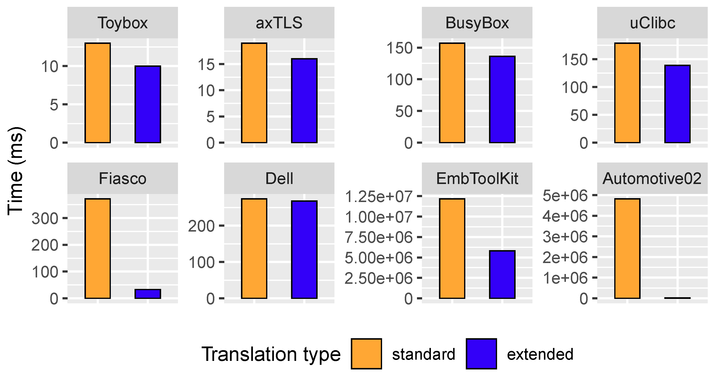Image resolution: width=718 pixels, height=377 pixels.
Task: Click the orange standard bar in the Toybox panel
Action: (98, 93)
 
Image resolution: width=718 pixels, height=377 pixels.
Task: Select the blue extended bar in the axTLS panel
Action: (304, 101)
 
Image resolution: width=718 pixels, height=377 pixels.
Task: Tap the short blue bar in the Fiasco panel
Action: (148, 294)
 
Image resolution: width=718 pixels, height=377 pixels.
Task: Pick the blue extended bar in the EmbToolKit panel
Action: (502, 275)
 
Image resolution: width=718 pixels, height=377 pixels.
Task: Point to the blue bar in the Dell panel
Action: (304, 249)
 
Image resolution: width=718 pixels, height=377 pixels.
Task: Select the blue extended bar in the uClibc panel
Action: (677, 104)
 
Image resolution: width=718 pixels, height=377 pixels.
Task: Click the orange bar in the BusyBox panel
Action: (452, 93)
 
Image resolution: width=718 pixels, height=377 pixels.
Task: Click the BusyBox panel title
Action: (477, 23)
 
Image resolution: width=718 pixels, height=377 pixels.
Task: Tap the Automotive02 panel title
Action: (652, 178)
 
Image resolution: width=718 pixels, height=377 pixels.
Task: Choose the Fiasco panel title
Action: (123, 178)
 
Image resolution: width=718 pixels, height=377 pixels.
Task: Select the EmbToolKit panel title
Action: (477, 178)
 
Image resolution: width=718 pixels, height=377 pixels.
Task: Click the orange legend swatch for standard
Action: (366, 354)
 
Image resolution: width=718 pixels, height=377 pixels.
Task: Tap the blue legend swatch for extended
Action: (481, 354)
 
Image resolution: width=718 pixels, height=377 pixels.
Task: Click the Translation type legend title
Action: (271, 354)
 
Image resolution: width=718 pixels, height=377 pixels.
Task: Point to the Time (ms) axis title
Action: (15, 171)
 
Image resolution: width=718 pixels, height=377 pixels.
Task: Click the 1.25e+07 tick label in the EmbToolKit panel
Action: (378, 196)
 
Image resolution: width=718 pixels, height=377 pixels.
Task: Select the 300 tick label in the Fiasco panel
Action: (45, 218)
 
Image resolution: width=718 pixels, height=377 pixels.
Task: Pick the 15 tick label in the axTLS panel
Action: (206, 65)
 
